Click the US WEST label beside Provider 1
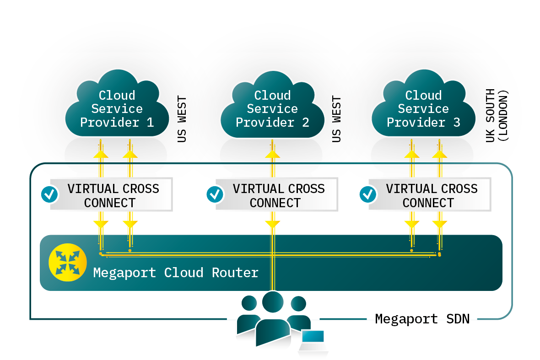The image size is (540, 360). click(x=182, y=118)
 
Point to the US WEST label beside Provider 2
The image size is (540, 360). click(x=337, y=118)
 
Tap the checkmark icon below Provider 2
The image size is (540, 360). click(x=214, y=194)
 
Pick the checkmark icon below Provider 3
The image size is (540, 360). click(x=367, y=194)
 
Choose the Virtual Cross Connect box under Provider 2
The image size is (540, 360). click(x=277, y=195)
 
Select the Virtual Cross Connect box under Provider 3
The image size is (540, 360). click(x=430, y=195)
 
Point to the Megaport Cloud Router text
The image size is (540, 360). click(x=176, y=273)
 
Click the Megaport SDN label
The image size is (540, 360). click(x=422, y=319)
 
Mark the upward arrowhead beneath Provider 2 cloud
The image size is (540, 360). click(x=272, y=153)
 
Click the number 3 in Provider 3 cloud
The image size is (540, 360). click(x=456, y=123)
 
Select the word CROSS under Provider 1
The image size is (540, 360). click(x=141, y=189)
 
